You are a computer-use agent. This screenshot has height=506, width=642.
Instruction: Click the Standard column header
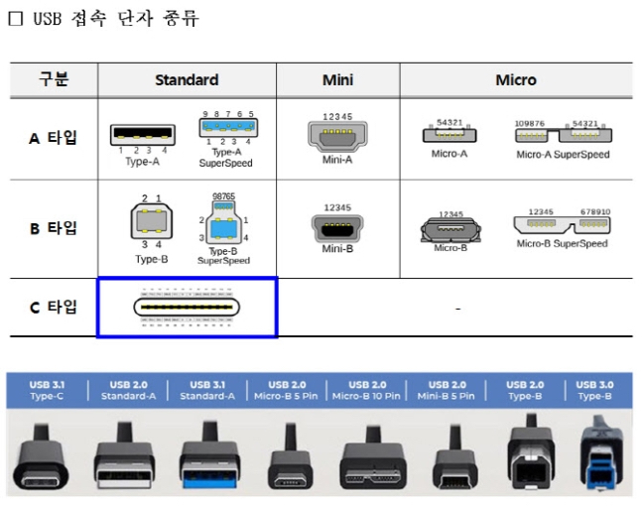(187, 79)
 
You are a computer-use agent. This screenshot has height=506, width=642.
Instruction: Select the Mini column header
(337, 79)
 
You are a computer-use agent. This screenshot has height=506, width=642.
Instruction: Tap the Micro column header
(515, 79)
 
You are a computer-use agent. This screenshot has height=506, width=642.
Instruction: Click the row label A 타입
(53, 137)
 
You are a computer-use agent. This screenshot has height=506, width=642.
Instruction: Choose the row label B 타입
(53, 228)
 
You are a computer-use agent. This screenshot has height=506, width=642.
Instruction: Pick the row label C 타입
(53, 307)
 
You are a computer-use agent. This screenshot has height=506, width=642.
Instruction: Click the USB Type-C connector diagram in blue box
(187, 308)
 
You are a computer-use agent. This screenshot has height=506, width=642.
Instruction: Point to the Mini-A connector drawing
(337, 134)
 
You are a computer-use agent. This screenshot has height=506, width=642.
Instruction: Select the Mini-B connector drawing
(337, 227)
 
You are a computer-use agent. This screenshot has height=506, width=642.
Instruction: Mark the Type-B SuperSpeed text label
(223, 256)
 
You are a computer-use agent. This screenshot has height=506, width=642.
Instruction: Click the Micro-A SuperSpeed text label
(562, 155)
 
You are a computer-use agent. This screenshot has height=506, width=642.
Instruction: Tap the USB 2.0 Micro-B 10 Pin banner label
(367, 389)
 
